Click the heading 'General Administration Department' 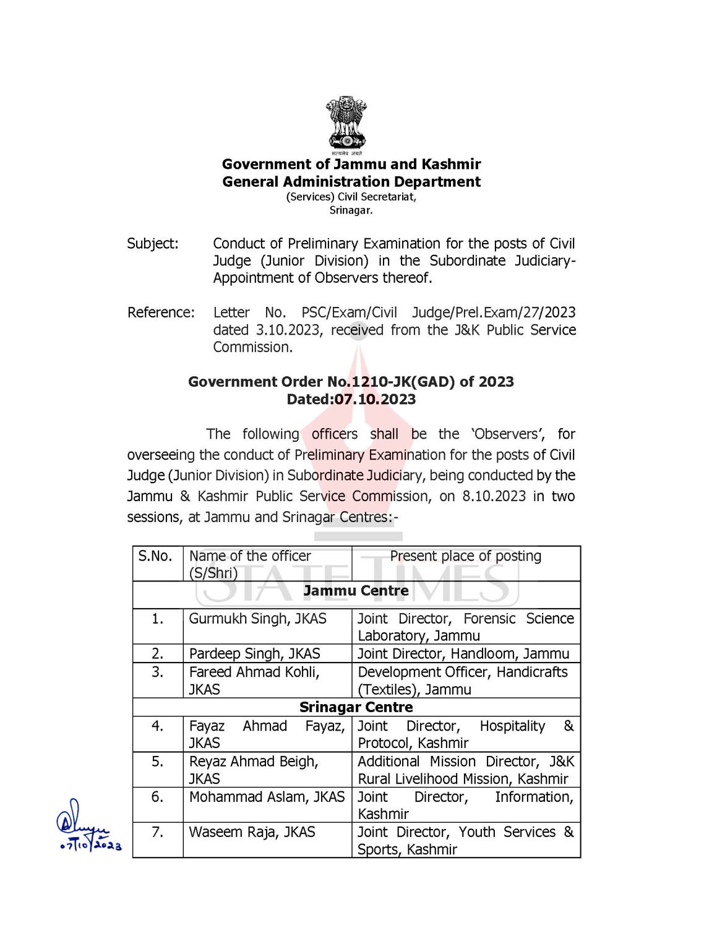(x=351, y=182)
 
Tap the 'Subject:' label (x=153, y=244)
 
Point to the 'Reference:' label (x=161, y=312)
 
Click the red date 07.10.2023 (x=375, y=400)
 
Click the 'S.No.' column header (x=155, y=556)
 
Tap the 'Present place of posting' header (x=465, y=556)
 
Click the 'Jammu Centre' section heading (x=356, y=591)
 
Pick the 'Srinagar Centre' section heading (x=356, y=707)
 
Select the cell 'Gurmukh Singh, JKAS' (x=257, y=619)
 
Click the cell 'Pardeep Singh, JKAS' (x=254, y=654)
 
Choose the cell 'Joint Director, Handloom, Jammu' (x=463, y=654)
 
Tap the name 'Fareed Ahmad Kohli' (x=254, y=672)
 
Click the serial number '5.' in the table (x=158, y=762)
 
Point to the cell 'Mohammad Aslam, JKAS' (x=267, y=797)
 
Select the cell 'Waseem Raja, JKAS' (x=252, y=832)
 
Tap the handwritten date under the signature (x=91, y=845)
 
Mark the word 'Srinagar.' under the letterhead (x=351, y=210)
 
